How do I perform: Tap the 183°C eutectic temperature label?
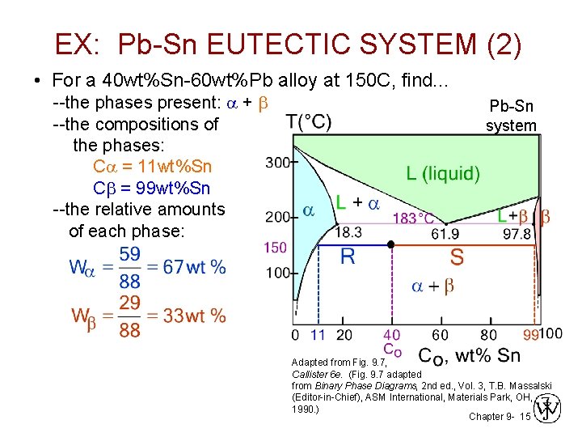click(413, 218)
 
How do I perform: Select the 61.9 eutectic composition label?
click(445, 234)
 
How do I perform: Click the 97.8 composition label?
click(517, 234)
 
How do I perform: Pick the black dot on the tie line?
click(391, 244)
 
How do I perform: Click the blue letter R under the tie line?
click(348, 258)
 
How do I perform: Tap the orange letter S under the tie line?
click(457, 258)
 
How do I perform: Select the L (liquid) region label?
click(442, 173)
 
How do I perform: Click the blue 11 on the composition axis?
click(318, 334)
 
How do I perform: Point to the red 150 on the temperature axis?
click(276, 247)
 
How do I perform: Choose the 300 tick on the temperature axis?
click(276, 163)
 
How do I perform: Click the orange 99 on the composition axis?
click(530, 335)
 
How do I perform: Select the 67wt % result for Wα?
click(195, 267)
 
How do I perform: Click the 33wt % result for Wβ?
click(195, 316)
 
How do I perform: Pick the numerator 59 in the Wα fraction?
click(129, 254)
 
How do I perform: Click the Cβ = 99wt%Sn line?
click(152, 188)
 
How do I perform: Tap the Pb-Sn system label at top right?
click(511, 116)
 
